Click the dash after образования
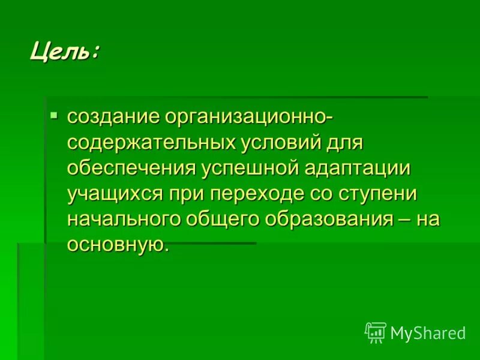pyautogui.click(x=403, y=220)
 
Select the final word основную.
pyautogui.click(x=115, y=245)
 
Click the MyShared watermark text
pyautogui.click(x=428, y=333)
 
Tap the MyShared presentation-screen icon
pyautogui.click(x=375, y=332)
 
